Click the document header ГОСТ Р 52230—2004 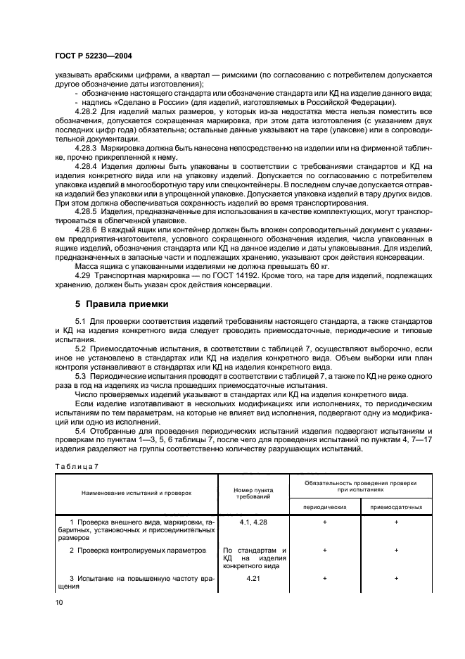(x=94, y=56)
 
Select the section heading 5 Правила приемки (x=121, y=304)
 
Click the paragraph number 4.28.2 (x=87, y=113)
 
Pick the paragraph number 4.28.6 (x=87, y=230)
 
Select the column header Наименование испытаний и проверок (x=136, y=493)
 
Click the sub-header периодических (x=324, y=506)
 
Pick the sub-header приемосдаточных (x=397, y=506)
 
